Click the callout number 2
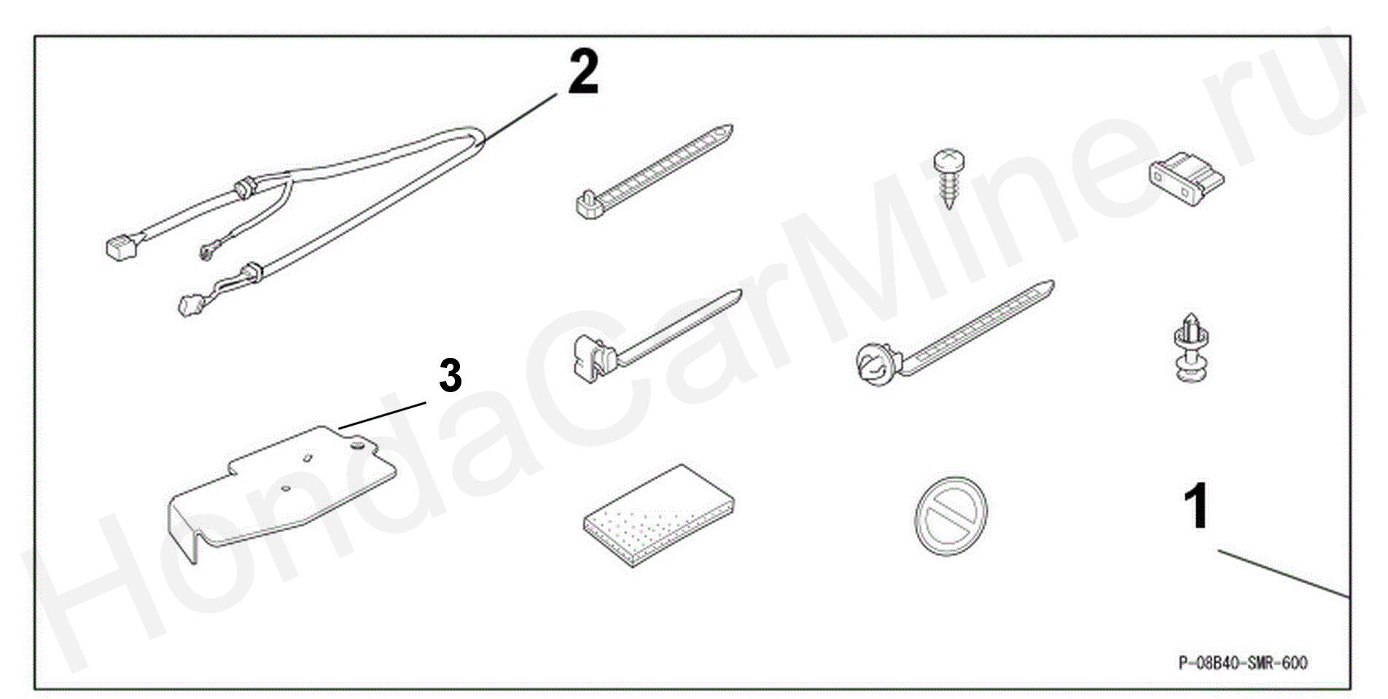click(583, 71)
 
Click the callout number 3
click(451, 376)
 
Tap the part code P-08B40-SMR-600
click(1243, 663)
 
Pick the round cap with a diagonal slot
click(951, 516)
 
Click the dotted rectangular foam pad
click(659, 515)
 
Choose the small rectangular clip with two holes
click(1186, 179)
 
